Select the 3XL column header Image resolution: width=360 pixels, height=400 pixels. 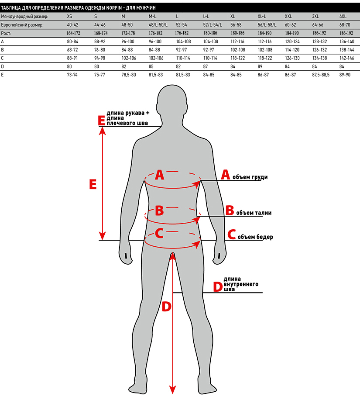(x=315, y=16)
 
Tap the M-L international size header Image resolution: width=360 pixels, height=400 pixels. (x=152, y=16)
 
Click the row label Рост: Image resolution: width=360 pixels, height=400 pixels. (x=6, y=33)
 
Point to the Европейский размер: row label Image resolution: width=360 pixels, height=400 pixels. (x=22, y=25)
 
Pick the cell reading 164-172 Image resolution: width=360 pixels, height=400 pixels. (x=73, y=33)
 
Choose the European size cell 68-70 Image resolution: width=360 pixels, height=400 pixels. (x=345, y=25)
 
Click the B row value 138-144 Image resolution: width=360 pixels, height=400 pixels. (x=347, y=50)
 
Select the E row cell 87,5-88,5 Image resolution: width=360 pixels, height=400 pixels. (x=321, y=75)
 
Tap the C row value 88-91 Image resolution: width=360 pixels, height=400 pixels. (x=72, y=58)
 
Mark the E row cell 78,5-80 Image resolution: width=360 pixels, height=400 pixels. (x=128, y=75)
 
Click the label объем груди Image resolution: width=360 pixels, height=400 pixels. (x=250, y=177)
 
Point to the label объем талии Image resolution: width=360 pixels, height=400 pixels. (x=254, y=213)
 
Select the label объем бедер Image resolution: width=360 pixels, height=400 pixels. (x=255, y=237)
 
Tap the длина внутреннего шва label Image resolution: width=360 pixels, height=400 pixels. (x=241, y=284)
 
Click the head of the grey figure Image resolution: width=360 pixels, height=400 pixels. (x=172, y=102)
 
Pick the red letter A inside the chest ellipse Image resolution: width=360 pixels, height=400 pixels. (x=159, y=175)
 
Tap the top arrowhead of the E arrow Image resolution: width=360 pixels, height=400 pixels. (x=102, y=131)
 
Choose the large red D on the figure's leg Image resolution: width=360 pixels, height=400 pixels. (x=167, y=307)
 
